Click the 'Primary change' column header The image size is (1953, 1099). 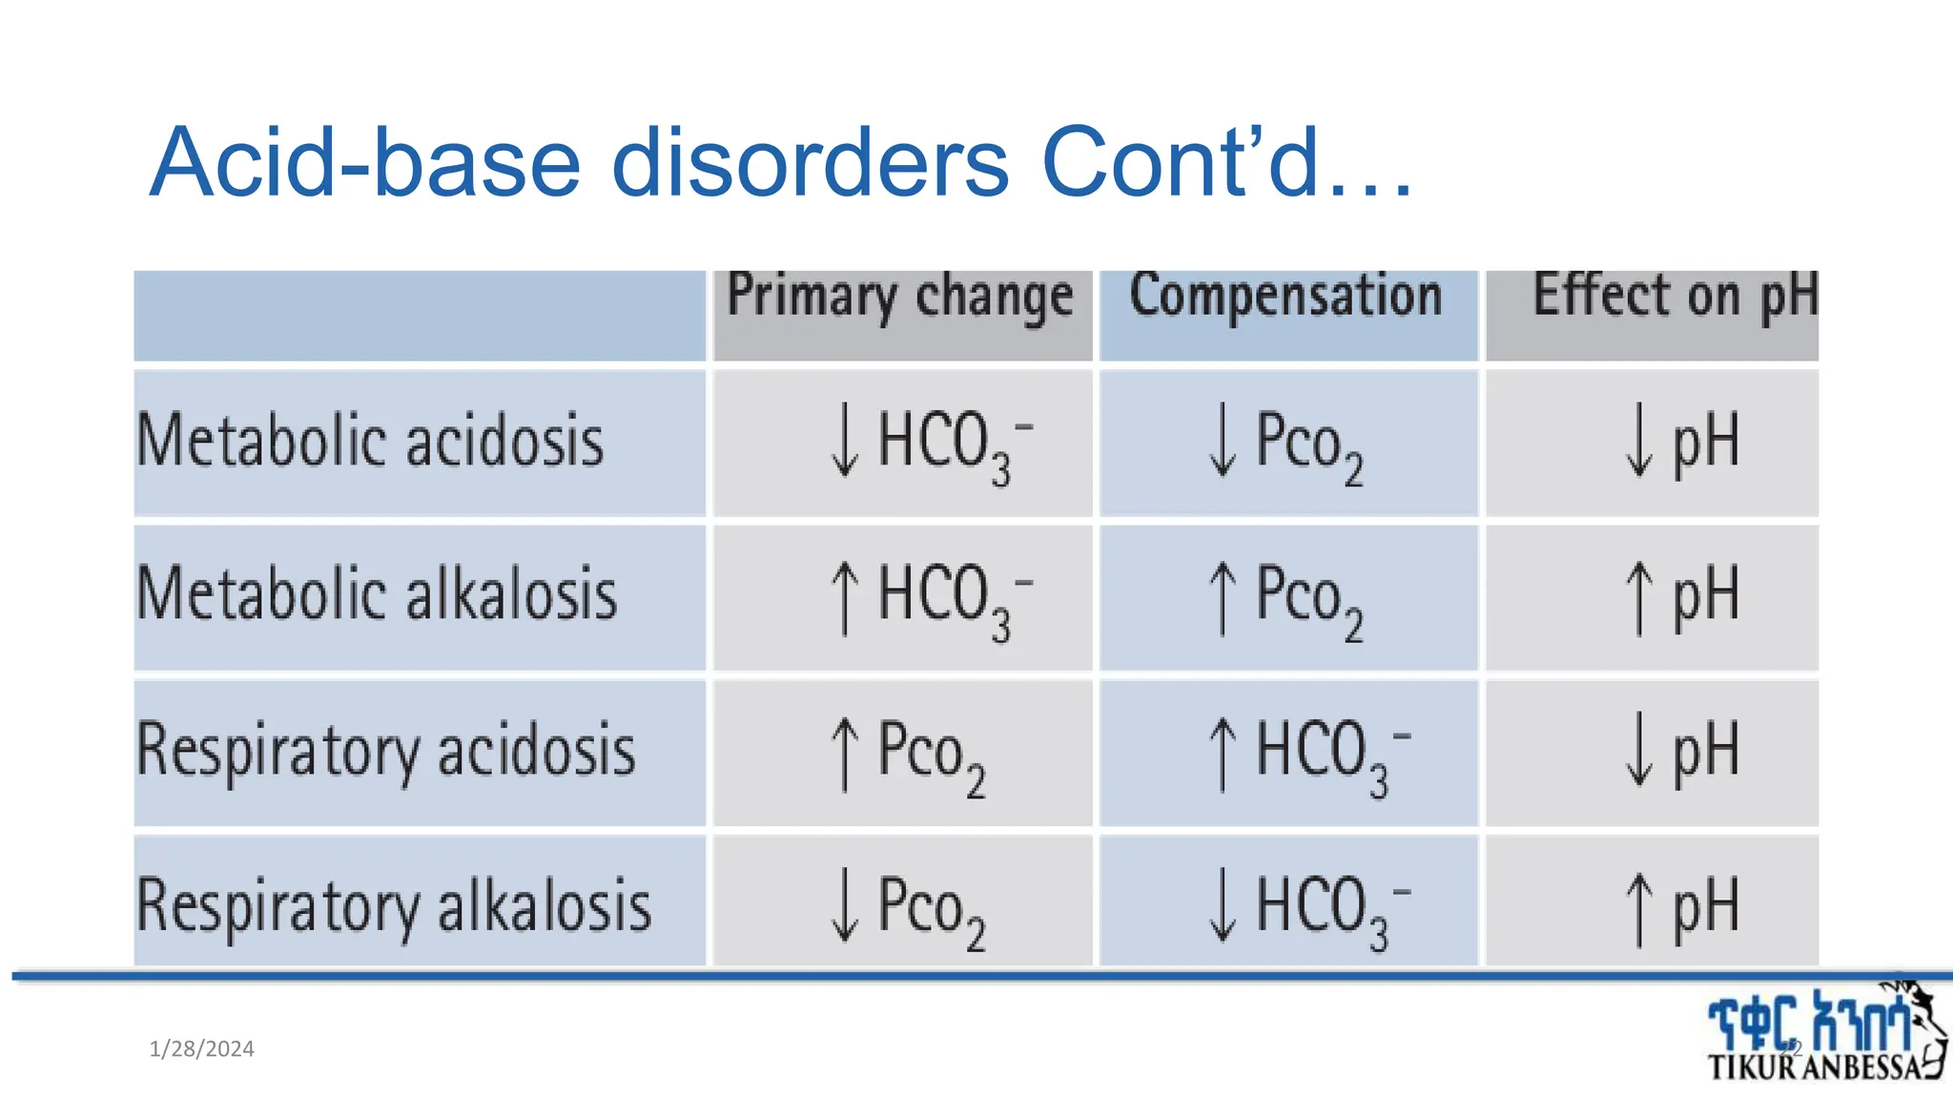coord(900,297)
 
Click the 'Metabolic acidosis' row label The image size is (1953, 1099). coord(370,441)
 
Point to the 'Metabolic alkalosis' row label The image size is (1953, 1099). coord(377,594)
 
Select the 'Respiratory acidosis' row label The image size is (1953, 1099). coord(386,751)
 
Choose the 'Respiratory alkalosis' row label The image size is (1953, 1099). coord(394,905)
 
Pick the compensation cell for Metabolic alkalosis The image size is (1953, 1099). coord(1285,597)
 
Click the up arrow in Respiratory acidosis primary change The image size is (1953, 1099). coord(844,754)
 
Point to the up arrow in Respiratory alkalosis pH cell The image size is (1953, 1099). coord(1638,908)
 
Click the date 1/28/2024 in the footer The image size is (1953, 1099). coord(201,1049)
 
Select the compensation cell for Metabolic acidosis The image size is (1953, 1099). coord(1285,443)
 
